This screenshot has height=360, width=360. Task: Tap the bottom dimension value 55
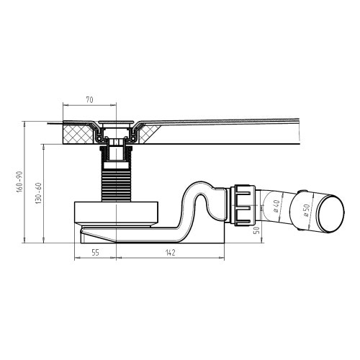click(x=94, y=253)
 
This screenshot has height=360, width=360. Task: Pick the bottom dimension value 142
click(x=169, y=253)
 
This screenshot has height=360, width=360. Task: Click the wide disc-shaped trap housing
click(x=115, y=214)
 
